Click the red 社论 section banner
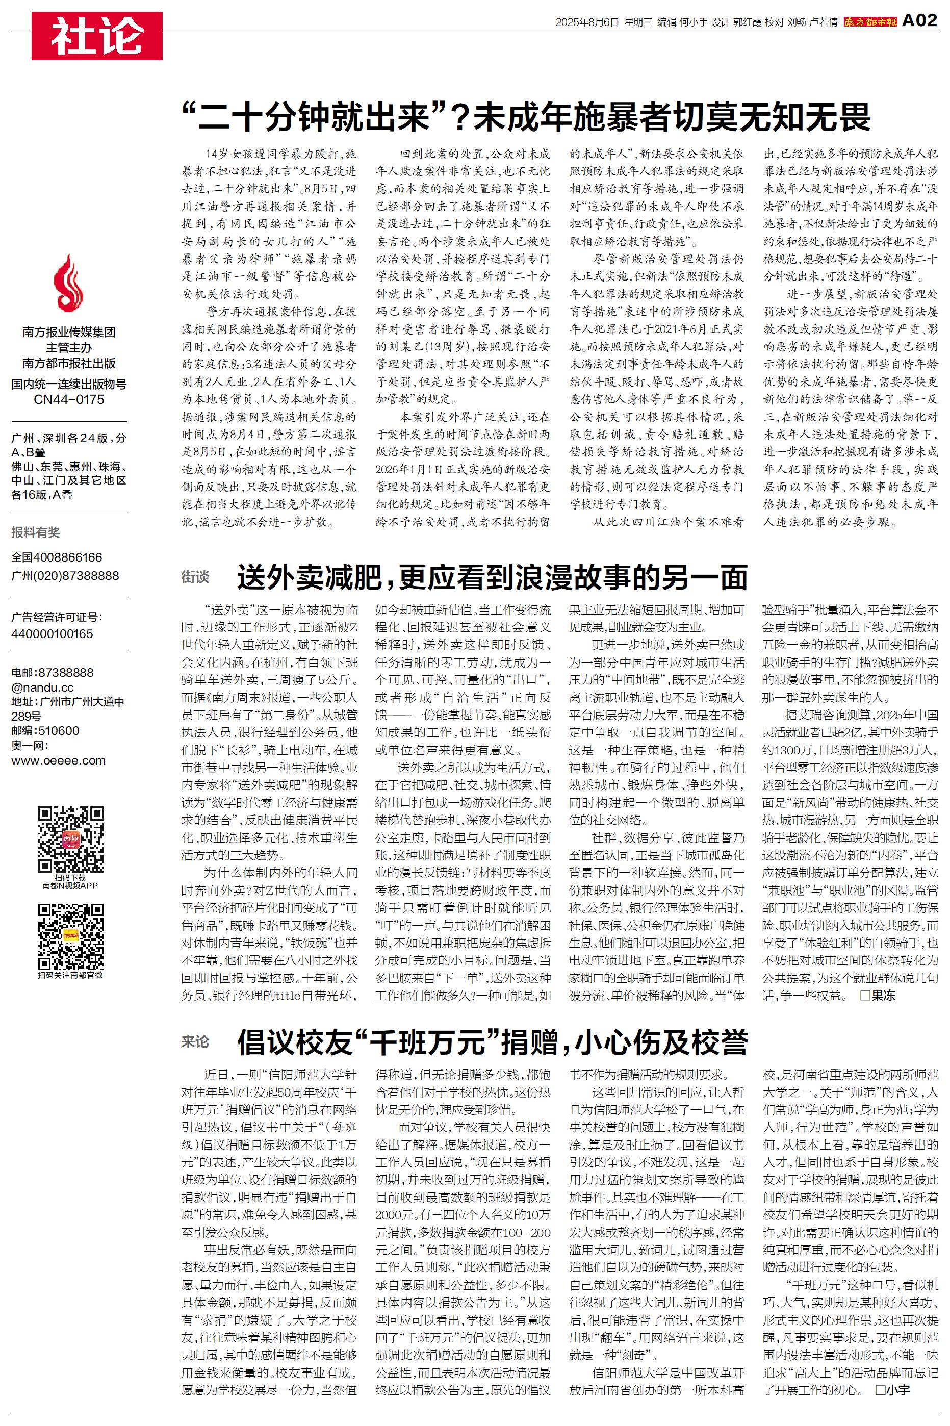97,36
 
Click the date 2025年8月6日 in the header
587,22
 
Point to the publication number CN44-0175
68,399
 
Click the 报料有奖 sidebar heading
36,532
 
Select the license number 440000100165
52,633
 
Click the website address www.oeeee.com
58,761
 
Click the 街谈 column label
195,577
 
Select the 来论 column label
195,1041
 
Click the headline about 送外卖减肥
492,577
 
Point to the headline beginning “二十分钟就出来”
526,117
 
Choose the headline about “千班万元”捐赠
492,1042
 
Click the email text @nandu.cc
42,687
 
